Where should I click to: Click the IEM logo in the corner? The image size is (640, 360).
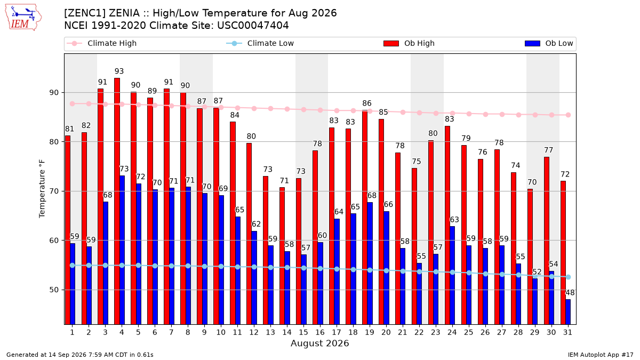(23, 18)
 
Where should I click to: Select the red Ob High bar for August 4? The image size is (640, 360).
(117, 201)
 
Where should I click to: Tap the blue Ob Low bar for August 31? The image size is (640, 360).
(568, 311)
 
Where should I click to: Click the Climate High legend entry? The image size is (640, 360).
(101, 43)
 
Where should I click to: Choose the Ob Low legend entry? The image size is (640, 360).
(549, 43)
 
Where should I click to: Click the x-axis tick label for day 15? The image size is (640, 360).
(303, 332)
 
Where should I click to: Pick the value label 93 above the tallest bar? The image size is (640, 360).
(119, 71)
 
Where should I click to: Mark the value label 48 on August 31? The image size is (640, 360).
(570, 293)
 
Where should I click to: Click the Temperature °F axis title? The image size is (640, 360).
(42, 189)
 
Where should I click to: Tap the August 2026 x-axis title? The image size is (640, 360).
(319, 343)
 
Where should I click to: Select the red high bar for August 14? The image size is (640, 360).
(282, 255)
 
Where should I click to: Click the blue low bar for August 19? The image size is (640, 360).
(370, 263)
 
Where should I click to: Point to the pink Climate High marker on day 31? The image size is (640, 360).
(569, 115)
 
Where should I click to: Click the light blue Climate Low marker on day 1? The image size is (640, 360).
(73, 266)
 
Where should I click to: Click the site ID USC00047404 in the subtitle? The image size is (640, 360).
(253, 26)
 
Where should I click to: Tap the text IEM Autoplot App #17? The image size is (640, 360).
(601, 355)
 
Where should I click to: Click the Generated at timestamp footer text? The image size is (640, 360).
(79, 355)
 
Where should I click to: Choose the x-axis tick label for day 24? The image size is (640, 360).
(452, 332)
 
